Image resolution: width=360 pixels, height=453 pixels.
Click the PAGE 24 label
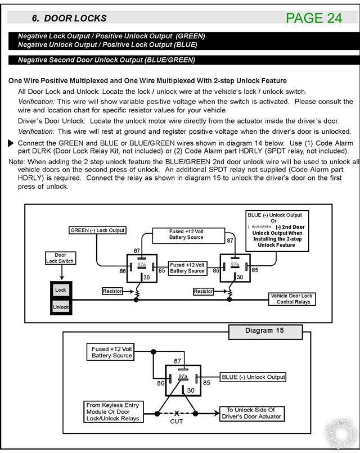click(x=314, y=18)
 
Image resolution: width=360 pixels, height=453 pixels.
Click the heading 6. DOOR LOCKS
click(x=69, y=19)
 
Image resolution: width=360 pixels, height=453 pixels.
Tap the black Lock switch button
click(x=61, y=290)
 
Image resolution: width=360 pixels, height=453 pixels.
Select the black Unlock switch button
click(x=61, y=307)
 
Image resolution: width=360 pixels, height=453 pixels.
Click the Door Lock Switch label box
click(x=60, y=258)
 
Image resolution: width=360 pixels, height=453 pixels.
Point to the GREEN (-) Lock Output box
click(x=97, y=230)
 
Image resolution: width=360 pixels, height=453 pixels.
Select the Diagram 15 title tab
click(x=264, y=331)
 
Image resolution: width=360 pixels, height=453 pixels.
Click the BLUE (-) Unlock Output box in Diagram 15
click(x=253, y=377)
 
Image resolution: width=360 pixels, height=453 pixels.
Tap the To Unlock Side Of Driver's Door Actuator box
click(x=250, y=413)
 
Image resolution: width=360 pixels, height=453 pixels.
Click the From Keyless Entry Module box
click(x=112, y=411)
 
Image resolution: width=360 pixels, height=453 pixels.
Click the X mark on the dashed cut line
click(x=177, y=413)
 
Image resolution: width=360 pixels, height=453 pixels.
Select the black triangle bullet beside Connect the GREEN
click(x=11, y=144)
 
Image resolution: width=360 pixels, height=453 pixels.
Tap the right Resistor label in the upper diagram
click(x=203, y=291)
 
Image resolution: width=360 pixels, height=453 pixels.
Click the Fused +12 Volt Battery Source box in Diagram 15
click(x=111, y=352)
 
